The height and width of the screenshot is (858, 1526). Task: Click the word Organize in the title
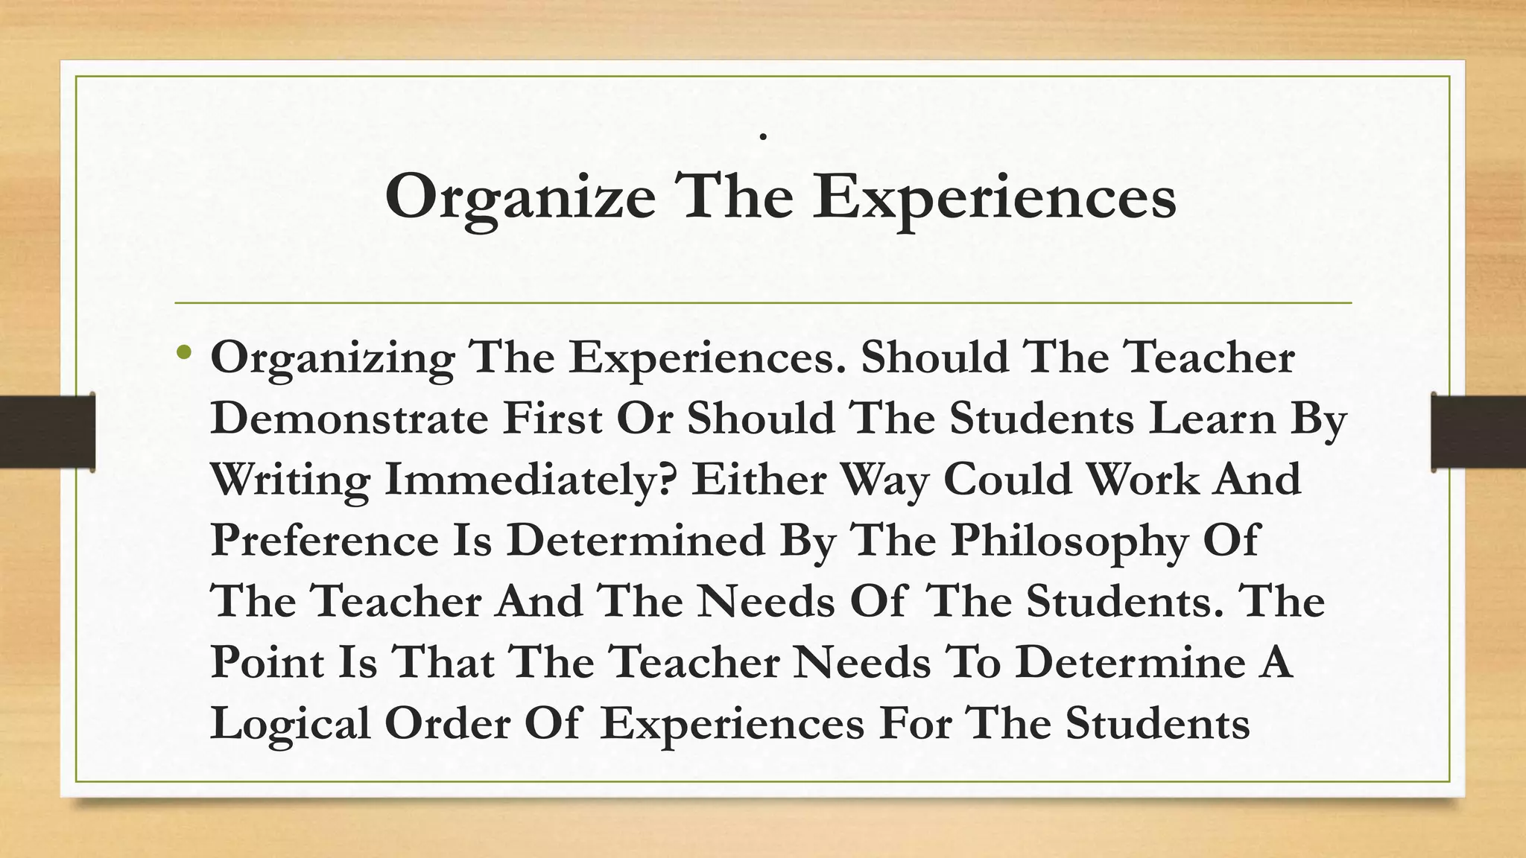(x=520, y=197)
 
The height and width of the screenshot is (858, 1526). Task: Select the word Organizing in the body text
(x=332, y=358)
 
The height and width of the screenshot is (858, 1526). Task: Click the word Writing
(x=290, y=480)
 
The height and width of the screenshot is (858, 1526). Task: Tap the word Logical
(x=291, y=723)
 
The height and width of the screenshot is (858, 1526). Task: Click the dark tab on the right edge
(x=1479, y=432)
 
